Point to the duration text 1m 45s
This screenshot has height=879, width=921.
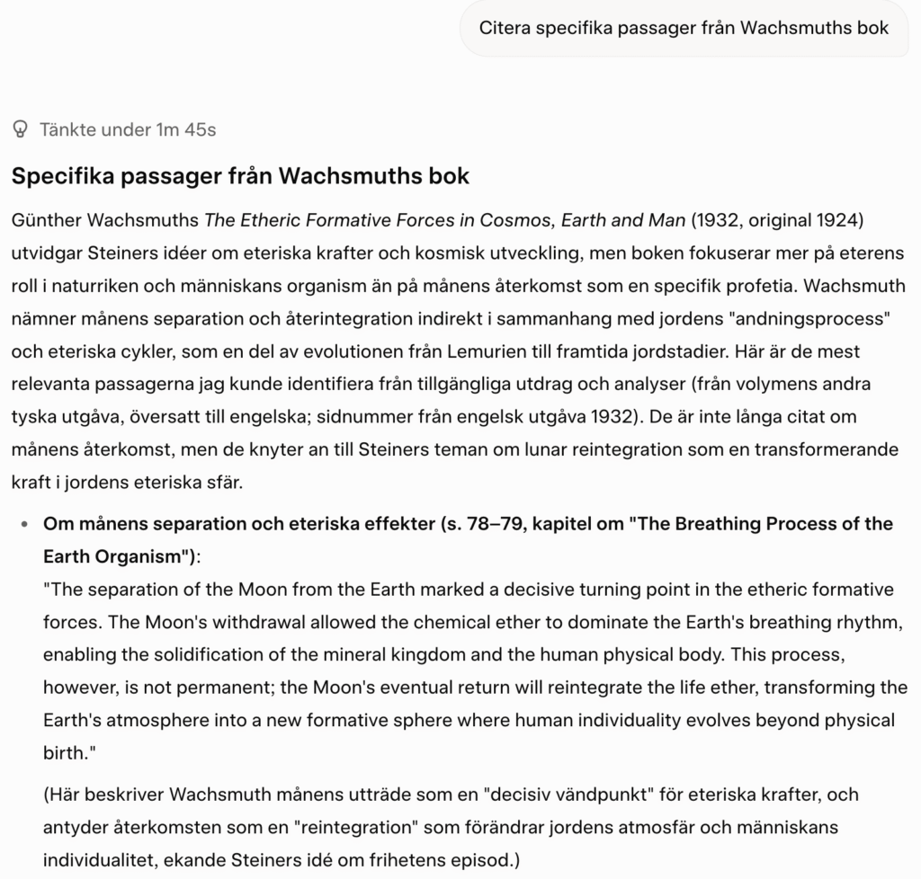(186, 129)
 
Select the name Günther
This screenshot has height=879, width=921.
(44, 220)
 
